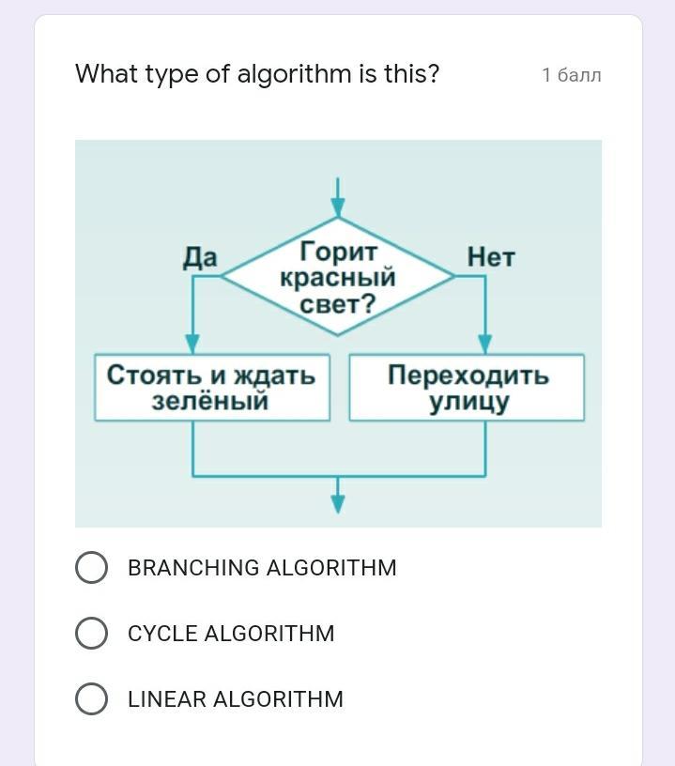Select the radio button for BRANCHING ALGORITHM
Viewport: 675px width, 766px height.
pyautogui.click(x=91, y=568)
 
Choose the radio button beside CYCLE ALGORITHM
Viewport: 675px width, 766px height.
pyautogui.click(x=91, y=634)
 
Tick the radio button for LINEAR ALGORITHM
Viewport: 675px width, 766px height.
pyautogui.click(x=91, y=699)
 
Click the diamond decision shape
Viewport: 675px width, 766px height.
pyautogui.click(x=338, y=277)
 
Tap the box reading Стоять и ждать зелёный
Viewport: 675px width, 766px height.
pyautogui.click(x=212, y=387)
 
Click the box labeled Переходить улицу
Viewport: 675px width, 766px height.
pyautogui.click(x=467, y=387)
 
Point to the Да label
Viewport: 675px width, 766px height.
pyautogui.click(x=200, y=257)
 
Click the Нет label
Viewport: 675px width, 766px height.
pyautogui.click(x=491, y=257)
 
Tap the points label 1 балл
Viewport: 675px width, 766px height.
pyautogui.click(x=571, y=75)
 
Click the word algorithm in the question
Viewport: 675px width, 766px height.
pyautogui.click(x=293, y=74)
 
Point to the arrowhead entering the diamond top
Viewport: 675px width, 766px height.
pyautogui.click(x=338, y=208)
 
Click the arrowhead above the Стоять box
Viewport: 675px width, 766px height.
pyautogui.click(x=192, y=344)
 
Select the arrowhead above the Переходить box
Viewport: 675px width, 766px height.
pyautogui.click(x=485, y=344)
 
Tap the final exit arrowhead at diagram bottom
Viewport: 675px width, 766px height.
pyautogui.click(x=338, y=504)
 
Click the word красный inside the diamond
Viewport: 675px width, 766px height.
pyautogui.click(x=338, y=279)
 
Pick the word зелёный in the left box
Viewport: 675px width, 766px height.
pyautogui.click(x=210, y=401)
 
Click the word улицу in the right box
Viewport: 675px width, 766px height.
pyautogui.click(x=468, y=402)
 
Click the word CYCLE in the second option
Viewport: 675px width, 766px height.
pyautogui.click(x=162, y=634)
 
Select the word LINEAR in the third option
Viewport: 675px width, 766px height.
pyautogui.click(x=167, y=699)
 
